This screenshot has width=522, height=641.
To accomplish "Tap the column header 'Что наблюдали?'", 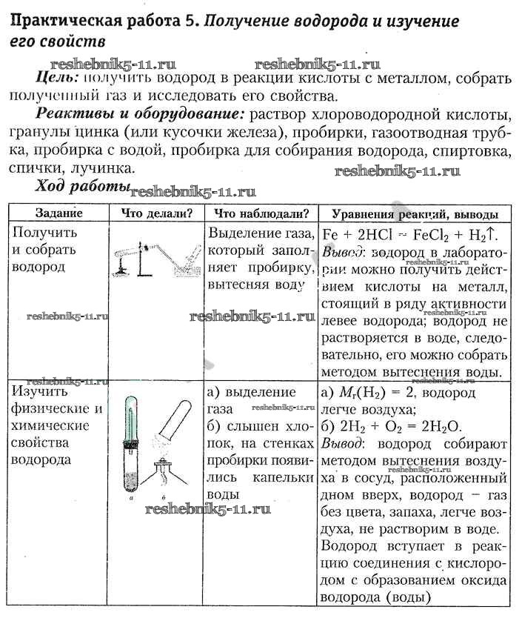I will click(x=261, y=213).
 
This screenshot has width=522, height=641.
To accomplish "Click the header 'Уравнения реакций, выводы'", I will click(x=415, y=213).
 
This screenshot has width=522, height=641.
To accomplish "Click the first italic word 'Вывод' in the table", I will click(x=344, y=252).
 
